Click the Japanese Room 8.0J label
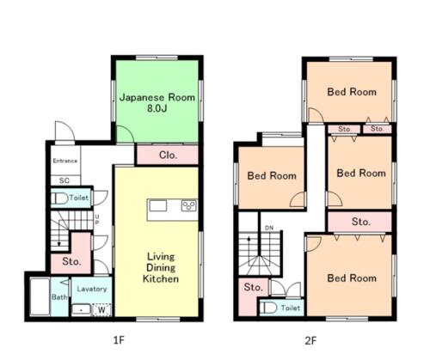[157, 102]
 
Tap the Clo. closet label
[168, 156]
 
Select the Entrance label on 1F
[65, 161]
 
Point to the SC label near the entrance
[64, 180]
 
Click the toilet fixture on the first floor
[59, 198]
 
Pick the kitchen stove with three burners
[189, 205]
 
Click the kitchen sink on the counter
[157, 206]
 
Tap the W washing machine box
[101, 310]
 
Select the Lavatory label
[92, 289]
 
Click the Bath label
[59, 297]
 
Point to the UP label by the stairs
[97, 219]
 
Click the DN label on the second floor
[269, 228]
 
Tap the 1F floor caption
[119, 340]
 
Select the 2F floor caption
[310, 340]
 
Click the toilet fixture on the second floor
[268, 308]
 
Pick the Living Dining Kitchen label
[161, 267]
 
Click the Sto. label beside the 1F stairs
[71, 261]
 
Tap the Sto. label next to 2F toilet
[253, 287]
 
